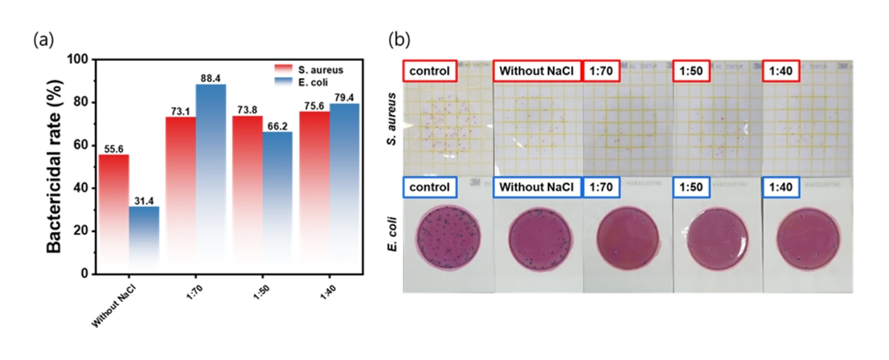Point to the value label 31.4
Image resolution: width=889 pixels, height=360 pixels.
[144, 199]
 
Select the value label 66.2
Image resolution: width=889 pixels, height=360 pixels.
[277, 125]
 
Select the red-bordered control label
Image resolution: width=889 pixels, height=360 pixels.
[431, 71]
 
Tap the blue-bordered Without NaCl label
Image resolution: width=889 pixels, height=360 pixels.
[536, 187]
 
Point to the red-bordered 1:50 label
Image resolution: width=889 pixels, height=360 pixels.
[692, 71]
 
